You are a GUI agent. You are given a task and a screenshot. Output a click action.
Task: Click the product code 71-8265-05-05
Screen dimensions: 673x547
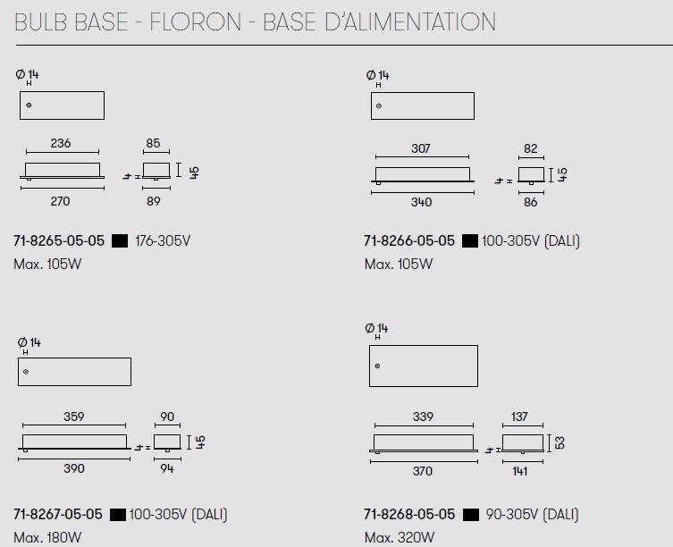click(x=59, y=240)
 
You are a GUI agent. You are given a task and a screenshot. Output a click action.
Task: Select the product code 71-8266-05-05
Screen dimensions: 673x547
click(x=409, y=240)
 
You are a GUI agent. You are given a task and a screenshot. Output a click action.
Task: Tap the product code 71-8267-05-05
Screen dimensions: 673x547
click(x=58, y=514)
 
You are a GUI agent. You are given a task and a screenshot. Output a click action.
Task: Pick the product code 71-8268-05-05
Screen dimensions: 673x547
click(x=409, y=514)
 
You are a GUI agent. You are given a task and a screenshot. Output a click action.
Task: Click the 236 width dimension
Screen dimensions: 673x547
click(x=61, y=143)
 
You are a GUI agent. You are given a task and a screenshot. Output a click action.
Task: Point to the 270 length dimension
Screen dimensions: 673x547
click(x=60, y=201)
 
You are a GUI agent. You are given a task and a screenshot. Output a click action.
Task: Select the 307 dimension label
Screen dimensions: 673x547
click(x=421, y=148)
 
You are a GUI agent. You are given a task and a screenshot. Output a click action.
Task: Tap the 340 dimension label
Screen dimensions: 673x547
click(x=421, y=202)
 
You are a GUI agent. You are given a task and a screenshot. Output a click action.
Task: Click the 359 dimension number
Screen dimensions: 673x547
click(x=74, y=417)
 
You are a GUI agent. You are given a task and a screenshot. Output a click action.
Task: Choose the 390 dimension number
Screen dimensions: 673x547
click(x=74, y=468)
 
